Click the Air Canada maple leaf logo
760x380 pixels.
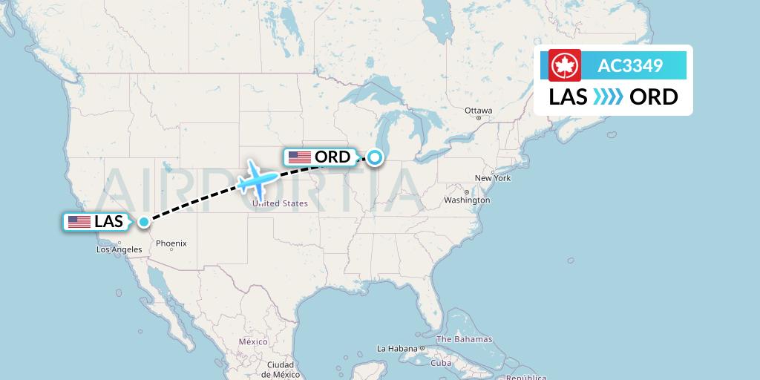pyautogui.click(x=564, y=65)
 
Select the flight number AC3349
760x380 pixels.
pyautogui.click(x=630, y=66)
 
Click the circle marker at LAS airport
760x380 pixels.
pyautogui.click(x=144, y=221)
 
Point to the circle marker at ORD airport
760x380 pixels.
pyautogui.click(x=375, y=157)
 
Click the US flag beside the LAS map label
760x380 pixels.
pyautogui.click(x=79, y=222)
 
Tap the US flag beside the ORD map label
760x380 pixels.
pyautogui.click(x=299, y=157)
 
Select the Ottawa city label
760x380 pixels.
pyautogui.click(x=478, y=111)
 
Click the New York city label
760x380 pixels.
pyautogui.click(x=493, y=178)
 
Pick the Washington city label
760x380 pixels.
pyautogui.click(x=467, y=200)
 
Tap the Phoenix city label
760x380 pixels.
pyautogui.click(x=171, y=243)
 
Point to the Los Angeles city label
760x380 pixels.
pyautogui.click(x=119, y=249)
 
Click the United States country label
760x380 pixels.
pyautogui.click(x=280, y=203)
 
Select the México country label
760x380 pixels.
pyautogui.click(x=252, y=341)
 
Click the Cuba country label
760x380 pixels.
pyautogui.click(x=442, y=363)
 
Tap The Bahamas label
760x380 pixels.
pyautogui.click(x=464, y=339)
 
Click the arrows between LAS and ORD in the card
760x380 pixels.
pyautogui.click(x=608, y=96)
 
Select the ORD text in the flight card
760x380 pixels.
pyautogui.click(x=653, y=96)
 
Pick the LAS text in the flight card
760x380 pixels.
pyautogui.click(x=569, y=96)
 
